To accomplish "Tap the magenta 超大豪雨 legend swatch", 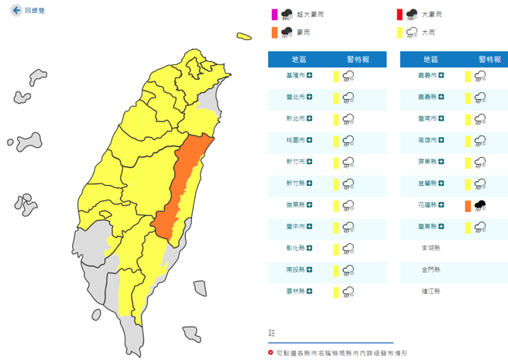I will (273, 13).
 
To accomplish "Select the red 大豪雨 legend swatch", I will (399, 13).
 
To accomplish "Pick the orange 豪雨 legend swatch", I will (273, 33).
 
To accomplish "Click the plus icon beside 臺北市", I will (309, 97).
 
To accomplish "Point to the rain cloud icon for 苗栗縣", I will (348, 205).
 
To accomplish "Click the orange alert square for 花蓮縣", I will (467, 205).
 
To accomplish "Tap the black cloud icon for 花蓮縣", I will (480, 205).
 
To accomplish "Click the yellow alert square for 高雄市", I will (467, 140).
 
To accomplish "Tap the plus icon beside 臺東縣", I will (442, 227).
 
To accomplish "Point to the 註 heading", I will (272, 332).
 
